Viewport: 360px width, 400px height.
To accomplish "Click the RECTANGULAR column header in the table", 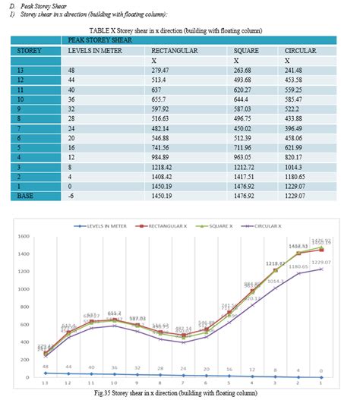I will (x=175, y=50).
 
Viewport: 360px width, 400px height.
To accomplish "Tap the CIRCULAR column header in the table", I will (x=300, y=50).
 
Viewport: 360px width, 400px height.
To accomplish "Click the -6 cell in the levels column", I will (x=71, y=195).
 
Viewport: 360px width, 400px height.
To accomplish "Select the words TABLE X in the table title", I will (x=109, y=30).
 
